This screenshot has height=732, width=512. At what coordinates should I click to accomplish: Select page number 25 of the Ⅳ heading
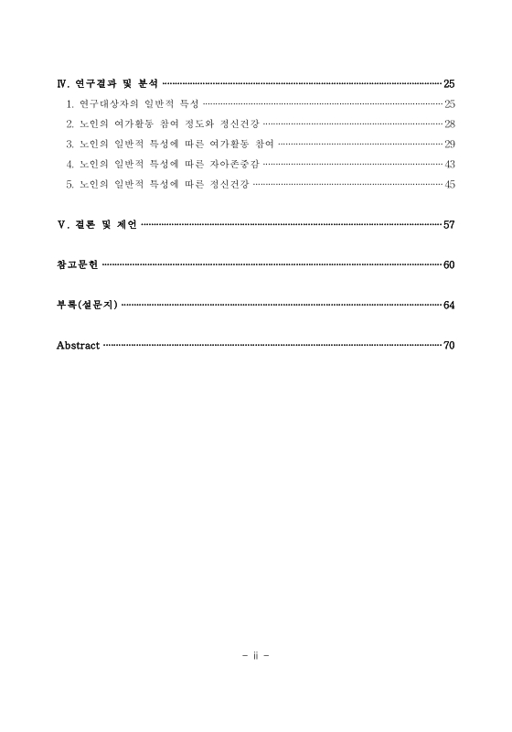point(449,83)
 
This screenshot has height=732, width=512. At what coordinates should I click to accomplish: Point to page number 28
point(449,124)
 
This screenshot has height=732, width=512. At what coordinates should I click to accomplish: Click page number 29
point(449,144)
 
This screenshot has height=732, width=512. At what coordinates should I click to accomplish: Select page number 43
point(449,164)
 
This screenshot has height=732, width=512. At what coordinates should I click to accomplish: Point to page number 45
point(449,184)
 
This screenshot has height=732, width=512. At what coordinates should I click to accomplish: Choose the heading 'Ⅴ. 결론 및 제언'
point(97,224)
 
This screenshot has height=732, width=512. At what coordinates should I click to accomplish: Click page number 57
point(449,224)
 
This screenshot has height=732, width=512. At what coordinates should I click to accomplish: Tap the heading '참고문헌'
point(78,264)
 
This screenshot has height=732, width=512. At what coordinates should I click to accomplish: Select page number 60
point(449,264)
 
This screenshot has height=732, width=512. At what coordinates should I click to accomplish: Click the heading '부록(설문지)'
point(87,305)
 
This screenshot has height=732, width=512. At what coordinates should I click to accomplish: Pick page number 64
point(449,305)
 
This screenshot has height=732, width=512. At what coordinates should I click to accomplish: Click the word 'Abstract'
point(78,345)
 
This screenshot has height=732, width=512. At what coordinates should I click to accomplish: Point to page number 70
point(449,345)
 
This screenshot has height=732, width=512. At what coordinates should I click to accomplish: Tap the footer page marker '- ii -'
point(255,655)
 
